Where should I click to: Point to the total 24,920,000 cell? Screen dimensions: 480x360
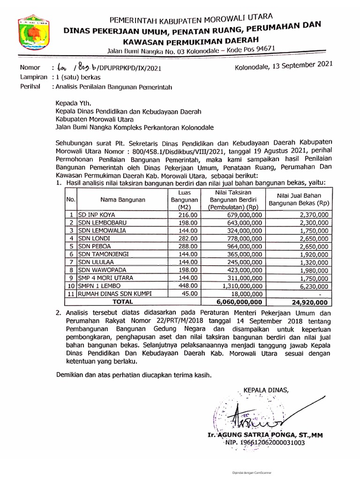pyautogui.click(x=309, y=302)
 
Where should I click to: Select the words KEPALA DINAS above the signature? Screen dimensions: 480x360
pyautogui.click(x=264, y=390)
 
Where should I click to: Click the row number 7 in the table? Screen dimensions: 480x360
pyautogui.click(x=71, y=262)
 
